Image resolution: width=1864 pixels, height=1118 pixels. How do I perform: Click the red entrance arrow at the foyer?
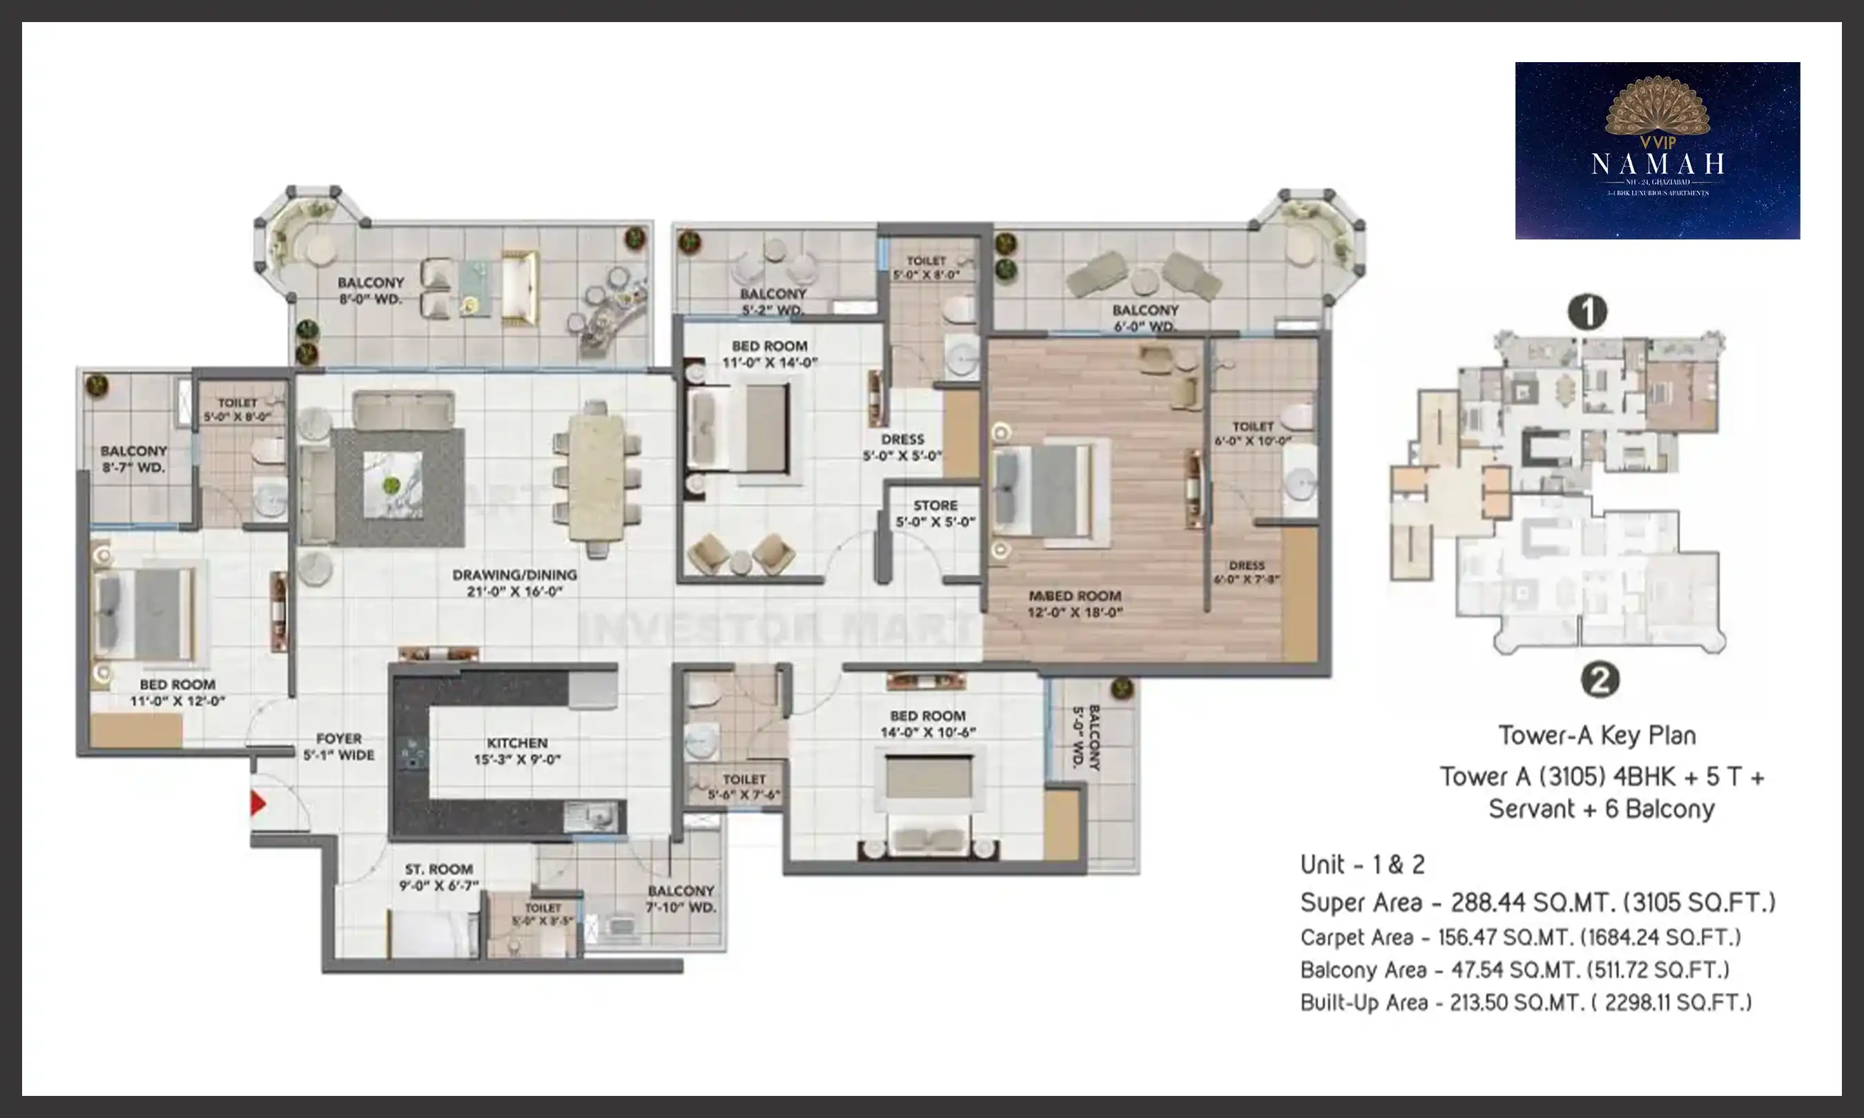tap(258, 804)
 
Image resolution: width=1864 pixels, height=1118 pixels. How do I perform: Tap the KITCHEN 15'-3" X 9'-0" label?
tap(517, 751)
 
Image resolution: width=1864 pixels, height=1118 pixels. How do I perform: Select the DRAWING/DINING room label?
tap(514, 582)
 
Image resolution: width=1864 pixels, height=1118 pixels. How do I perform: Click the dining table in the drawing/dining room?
tap(596, 478)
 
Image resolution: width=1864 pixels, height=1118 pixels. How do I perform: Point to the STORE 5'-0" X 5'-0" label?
tap(935, 513)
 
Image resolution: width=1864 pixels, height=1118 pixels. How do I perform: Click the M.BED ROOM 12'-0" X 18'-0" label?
tap(1074, 603)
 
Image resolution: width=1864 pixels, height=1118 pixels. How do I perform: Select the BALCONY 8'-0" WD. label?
tap(371, 290)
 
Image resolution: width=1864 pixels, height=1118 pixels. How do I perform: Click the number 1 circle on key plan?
tap(1587, 311)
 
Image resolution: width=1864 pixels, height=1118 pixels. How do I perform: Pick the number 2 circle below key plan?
tap(1600, 680)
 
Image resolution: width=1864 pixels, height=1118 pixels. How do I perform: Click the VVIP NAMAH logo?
tap(1658, 150)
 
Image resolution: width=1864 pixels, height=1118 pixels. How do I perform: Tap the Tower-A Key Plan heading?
tap(1597, 735)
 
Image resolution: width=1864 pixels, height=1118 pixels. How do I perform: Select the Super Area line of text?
tap(1537, 902)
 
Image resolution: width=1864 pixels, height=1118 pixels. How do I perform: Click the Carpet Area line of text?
tap(1520, 937)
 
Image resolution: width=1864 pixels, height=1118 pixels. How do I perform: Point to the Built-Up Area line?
tap(1526, 1003)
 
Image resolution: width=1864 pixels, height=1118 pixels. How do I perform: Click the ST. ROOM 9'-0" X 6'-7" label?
tap(438, 877)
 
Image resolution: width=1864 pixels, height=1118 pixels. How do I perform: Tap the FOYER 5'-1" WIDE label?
tap(339, 747)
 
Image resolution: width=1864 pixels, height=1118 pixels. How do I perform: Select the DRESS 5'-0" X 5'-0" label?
tap(902, 447)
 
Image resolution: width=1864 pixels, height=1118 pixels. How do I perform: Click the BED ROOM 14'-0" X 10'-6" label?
tap(927, 723)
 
